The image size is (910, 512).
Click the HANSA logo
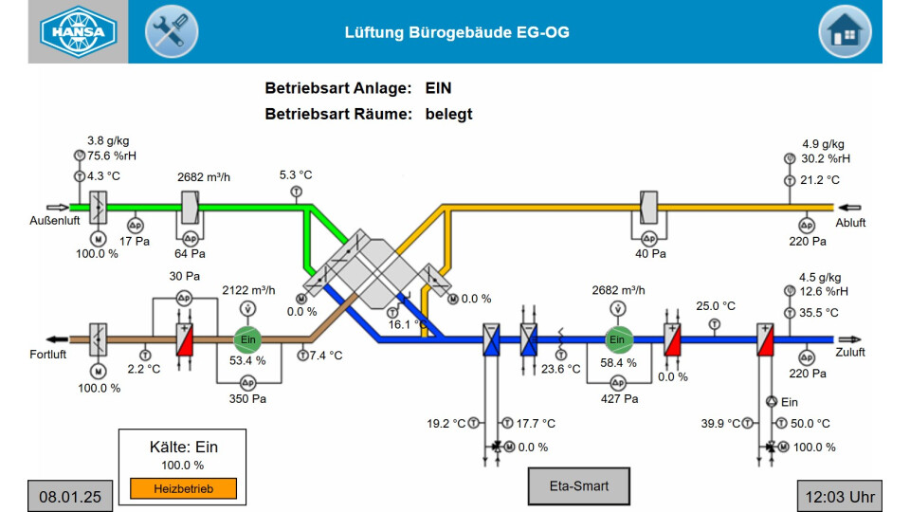78,31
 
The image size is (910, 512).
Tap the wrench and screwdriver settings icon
171,31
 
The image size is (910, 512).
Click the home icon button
844,31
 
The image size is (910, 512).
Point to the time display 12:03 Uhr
839,495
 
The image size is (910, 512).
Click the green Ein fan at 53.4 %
246,339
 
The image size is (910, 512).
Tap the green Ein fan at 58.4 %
618,339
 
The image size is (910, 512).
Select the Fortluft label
48,354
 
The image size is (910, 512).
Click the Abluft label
851,222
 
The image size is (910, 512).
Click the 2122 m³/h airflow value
248,290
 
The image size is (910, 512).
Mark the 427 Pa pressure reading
619,399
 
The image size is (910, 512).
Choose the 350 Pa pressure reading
247,399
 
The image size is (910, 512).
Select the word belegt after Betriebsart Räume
448,114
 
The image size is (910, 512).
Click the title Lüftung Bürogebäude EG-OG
456,33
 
